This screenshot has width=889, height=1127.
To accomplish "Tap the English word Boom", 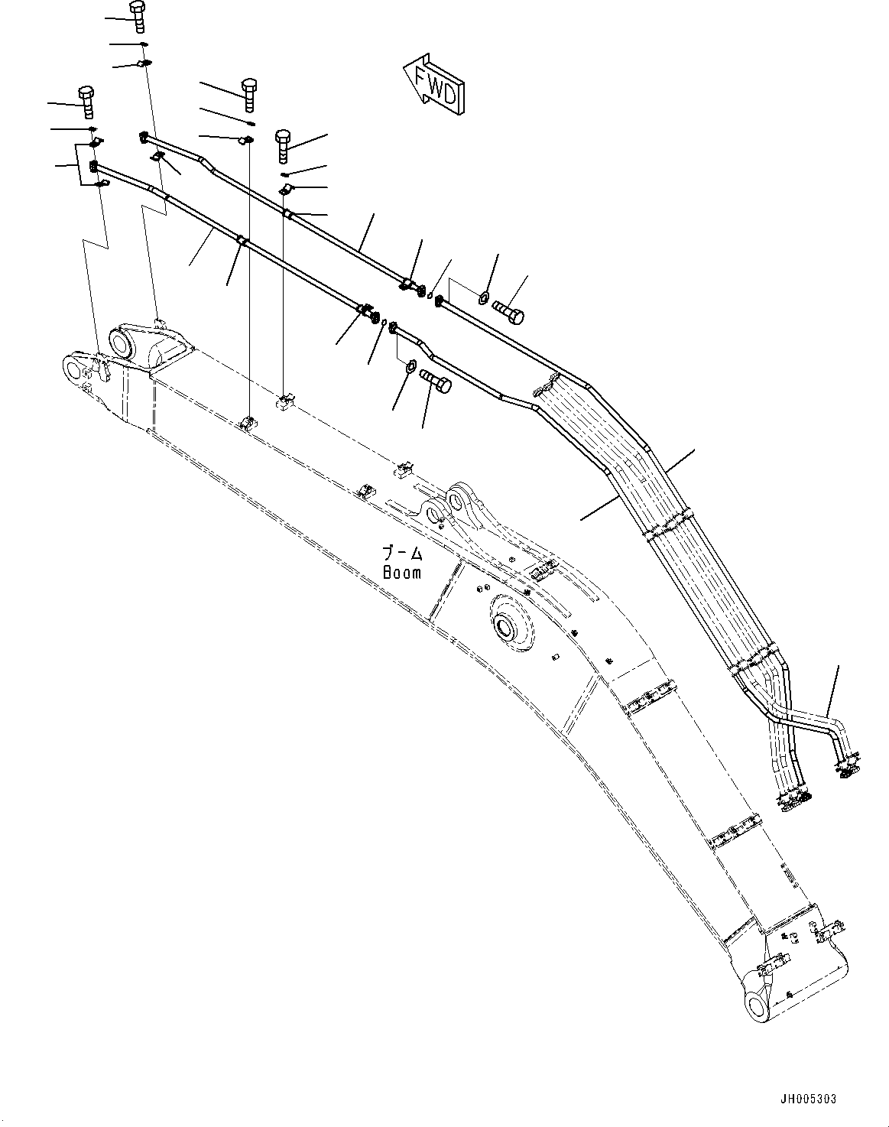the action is click(x=402, y=572).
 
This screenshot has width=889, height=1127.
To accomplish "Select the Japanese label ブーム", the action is click(x=402, y=553).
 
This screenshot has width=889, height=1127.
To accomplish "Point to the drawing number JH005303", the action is click(x=810, y=1099).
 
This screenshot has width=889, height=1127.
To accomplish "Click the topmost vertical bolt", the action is click(x=138, y=16).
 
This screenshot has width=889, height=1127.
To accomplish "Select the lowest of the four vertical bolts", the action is click(x=283, y=145).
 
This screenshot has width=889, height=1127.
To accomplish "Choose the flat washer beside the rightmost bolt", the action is click(x=484, y=297).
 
